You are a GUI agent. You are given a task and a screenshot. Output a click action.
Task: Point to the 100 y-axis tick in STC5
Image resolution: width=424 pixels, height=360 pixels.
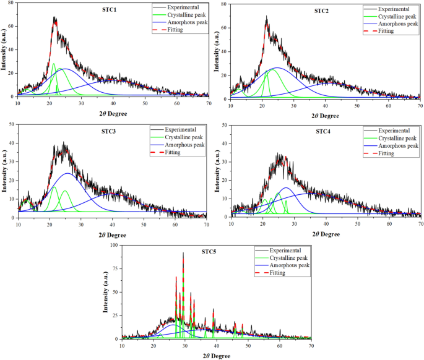pyautogui.click(x=114, y=246)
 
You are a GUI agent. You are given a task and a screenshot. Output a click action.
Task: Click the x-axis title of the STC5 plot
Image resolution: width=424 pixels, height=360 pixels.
pyautogui.click(x=217, y=356)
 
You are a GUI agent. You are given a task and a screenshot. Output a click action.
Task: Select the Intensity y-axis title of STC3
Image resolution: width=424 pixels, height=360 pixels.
pyautogui.click(x=4, y=171)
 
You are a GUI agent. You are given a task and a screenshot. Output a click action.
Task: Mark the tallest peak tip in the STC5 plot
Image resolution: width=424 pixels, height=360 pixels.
pyautogui.click(x=183, y=253)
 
